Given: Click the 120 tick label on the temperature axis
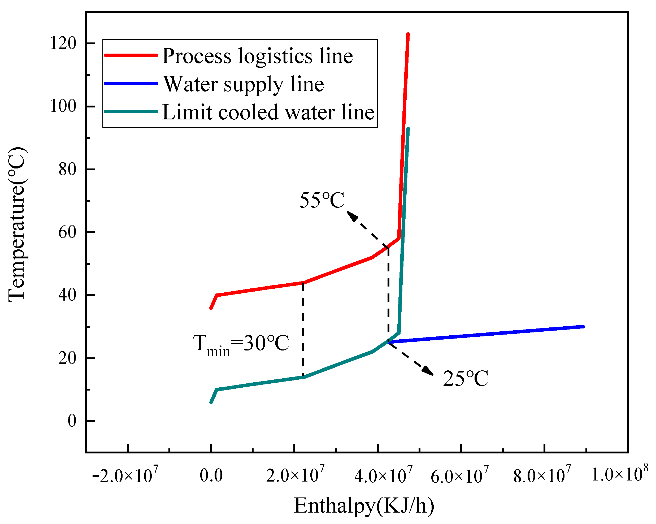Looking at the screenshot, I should click(63, 43).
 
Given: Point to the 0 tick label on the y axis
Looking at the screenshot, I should click(72, 421).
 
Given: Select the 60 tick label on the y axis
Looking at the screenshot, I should click(67, 232).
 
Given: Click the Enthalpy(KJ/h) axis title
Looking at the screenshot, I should click(364, 506).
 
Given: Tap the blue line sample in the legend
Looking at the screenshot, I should click(131, 83).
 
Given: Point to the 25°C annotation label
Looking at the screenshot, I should click(466, 379).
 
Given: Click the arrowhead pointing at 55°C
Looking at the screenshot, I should click(352, 216).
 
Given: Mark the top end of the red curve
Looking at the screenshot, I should click(408, 34).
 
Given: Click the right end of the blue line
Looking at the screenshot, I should click(583, 327).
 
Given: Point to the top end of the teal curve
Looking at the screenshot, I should click(408, 129).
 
